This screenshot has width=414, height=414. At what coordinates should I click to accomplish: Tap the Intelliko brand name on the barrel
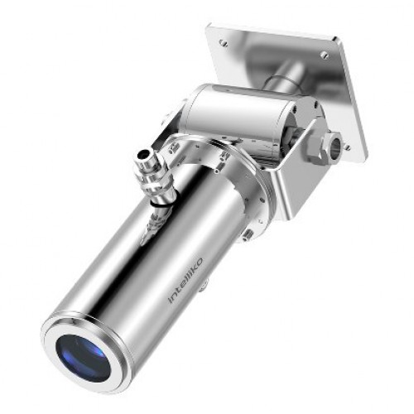tap(185, 281)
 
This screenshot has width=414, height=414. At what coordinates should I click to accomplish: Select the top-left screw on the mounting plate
tap(223, 42)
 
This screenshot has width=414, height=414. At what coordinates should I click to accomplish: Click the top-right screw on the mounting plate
tap(325, 55)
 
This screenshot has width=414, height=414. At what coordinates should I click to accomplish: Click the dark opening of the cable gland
tap(144, 154)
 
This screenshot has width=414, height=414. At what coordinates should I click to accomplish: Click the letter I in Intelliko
tap(171, 300)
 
